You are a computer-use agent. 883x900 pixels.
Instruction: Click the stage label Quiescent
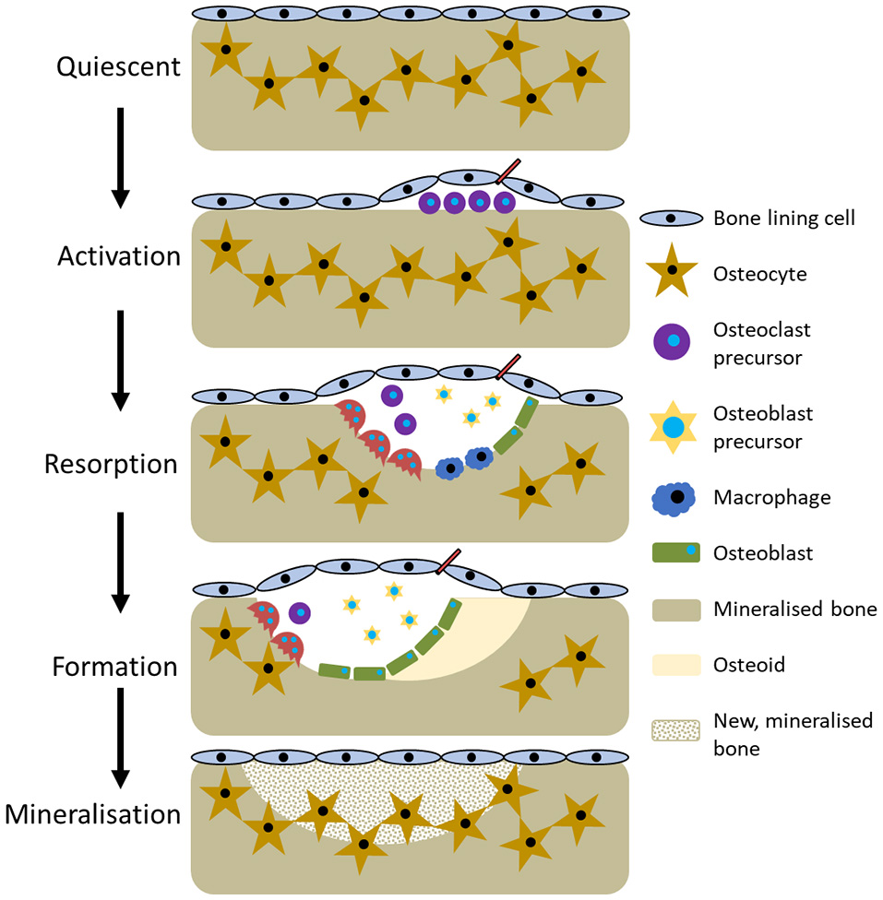pos(118,66)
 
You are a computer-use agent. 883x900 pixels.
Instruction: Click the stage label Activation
pos(118,255)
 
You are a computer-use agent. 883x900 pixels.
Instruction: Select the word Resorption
pos(111,464)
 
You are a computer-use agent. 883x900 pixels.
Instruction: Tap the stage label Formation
pos(114,666)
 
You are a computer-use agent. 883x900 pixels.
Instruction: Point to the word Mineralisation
pos(92,814)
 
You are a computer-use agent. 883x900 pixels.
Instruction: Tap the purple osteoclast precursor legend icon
pos(674,342)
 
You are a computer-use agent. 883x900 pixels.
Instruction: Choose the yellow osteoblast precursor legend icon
pos(674,427)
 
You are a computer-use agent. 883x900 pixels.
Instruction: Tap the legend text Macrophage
pos(771,498)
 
